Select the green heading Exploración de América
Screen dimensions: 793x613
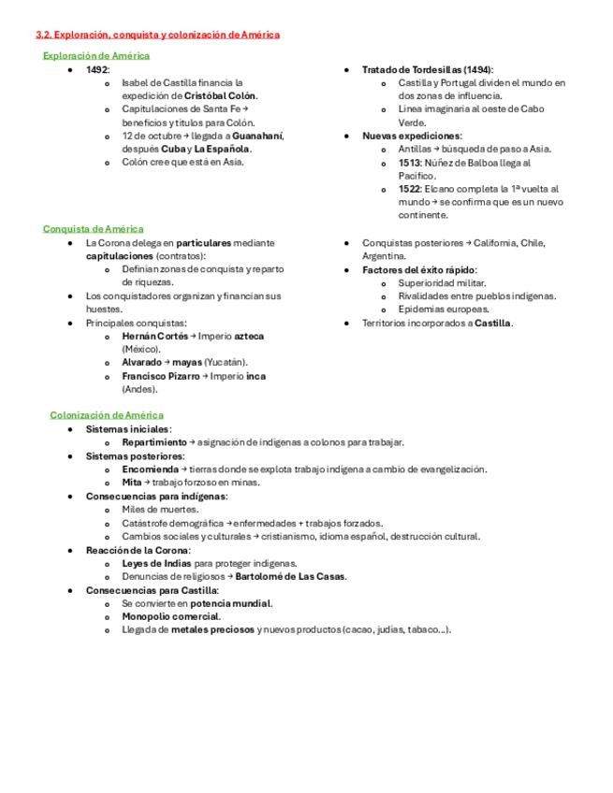coord(96,56)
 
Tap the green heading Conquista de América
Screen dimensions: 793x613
coord(94,229)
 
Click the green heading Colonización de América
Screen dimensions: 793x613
coord(107,414)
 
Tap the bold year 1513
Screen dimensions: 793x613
coord(409,162)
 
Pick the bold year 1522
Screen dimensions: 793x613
coord(409,189)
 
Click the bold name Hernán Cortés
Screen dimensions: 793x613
coord(154,336)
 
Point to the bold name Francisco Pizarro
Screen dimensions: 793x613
coord(160,376)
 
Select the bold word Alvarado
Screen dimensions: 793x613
coord(141,363)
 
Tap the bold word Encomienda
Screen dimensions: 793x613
coord(150,469)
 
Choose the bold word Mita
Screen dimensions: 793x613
coord(131,483)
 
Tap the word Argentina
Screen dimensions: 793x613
coord(384,256)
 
